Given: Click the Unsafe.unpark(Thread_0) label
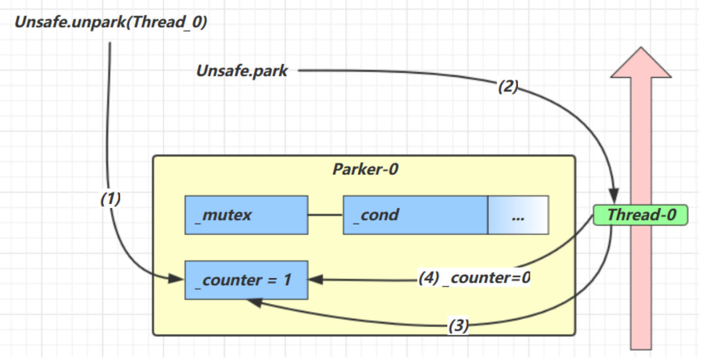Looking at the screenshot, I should tap(111, 21).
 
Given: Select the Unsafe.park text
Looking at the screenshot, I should tap(242, 71).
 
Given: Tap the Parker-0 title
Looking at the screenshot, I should tap(365, 169).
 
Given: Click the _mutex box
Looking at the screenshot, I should tap(246, 215).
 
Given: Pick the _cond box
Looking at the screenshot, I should tap(415, 215).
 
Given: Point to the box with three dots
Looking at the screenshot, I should tap(518, 215).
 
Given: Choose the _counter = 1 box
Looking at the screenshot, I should tap(246, 280).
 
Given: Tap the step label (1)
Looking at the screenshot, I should tap(110, 198).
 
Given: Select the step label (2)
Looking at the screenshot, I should tap(508, 86).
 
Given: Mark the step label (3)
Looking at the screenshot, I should tap(458, 325).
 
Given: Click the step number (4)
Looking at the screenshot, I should tap(429, 278).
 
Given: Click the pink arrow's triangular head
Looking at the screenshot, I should tap(641, 64).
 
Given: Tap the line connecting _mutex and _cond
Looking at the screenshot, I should tap(325, 215).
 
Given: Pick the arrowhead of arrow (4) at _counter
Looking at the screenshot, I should tap(315, 280).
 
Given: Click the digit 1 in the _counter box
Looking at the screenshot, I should tap(287, 280).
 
